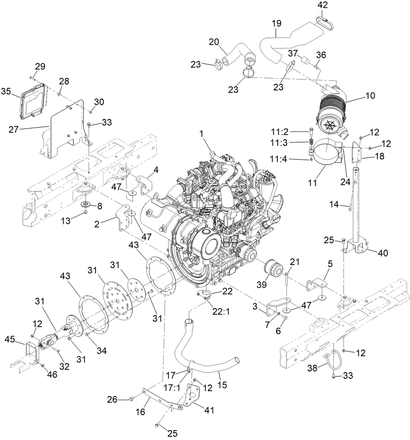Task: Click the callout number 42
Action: [x=323, y=5]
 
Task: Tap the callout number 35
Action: [x=16, y=91]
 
